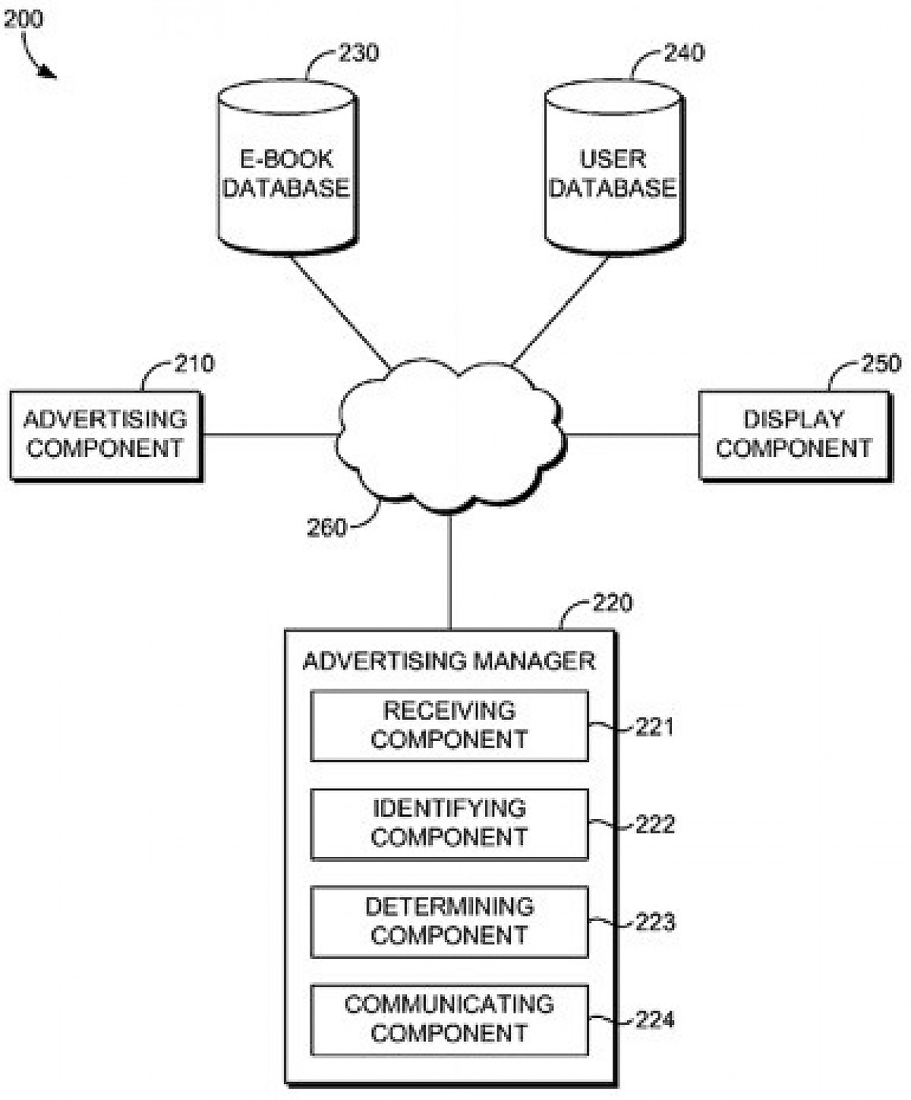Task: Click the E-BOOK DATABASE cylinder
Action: point(287,171)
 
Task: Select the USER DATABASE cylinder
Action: point(613,171)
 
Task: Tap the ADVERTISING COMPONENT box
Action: point(106,435)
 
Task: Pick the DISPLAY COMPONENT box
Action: point(793,435)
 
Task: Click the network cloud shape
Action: point(450,437)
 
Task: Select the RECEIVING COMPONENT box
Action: point(449,726)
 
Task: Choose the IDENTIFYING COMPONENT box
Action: point(449,824)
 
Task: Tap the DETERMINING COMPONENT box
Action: point(449,922)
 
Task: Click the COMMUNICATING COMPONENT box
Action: point(449,1020)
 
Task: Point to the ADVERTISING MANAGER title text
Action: point(449,661)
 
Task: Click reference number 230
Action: point(358,53)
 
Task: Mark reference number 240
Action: point(684,53)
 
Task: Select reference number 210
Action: point(194,364)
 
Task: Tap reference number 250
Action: point(881,364)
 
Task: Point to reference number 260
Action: point(326,528)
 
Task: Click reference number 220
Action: point(612,604)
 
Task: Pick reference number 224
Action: point(654,1020)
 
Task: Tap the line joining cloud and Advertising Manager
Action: point(450,569)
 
